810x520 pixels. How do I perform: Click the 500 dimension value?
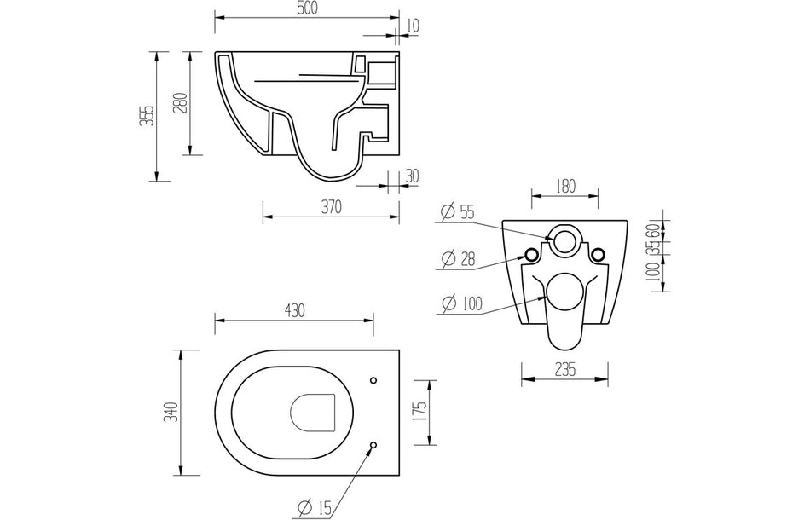307,9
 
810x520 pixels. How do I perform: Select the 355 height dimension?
147,115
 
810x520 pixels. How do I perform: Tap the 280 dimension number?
179,103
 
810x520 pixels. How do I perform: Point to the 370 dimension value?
331,206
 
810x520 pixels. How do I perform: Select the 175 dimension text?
418,412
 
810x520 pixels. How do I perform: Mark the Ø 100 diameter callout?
462,303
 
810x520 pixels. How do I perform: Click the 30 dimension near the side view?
411,176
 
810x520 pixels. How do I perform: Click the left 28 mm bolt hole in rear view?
531,253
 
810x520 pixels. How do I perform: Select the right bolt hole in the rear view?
598,253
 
